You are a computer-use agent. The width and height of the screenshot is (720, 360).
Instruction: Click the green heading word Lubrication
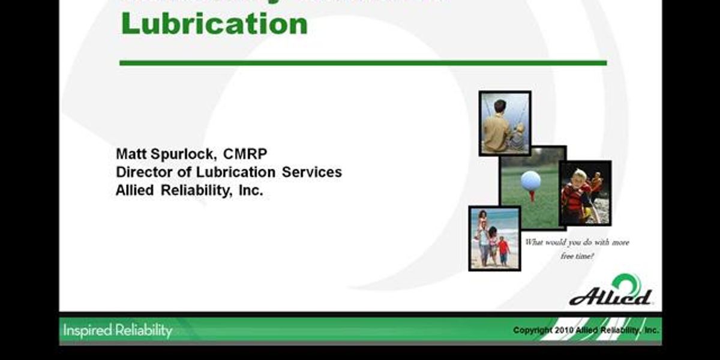[x=214, y=24]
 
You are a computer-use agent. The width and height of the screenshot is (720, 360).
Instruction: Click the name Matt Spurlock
[x=166, y=154]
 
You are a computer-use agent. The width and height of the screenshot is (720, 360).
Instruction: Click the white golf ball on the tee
[x=530, y=180]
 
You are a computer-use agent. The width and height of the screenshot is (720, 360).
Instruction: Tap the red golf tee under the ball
[x=531, y=196]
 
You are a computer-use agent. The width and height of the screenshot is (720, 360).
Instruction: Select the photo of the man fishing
[x=505, y=123]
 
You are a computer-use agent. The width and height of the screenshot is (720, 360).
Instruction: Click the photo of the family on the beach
[x=494, y=238]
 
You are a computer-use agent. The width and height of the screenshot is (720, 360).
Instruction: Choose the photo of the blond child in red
[x=584, y=193]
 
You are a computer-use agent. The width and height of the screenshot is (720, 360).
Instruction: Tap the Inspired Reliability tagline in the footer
[x=117, y=331]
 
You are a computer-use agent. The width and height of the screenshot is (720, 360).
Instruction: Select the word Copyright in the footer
[x=532, y=331]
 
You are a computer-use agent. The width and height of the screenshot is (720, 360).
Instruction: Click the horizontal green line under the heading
[x=363, y=62]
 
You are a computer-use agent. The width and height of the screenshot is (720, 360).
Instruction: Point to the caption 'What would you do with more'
[x=577, y=242]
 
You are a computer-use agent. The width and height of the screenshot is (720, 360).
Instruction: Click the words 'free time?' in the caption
[x=577, y=256]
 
